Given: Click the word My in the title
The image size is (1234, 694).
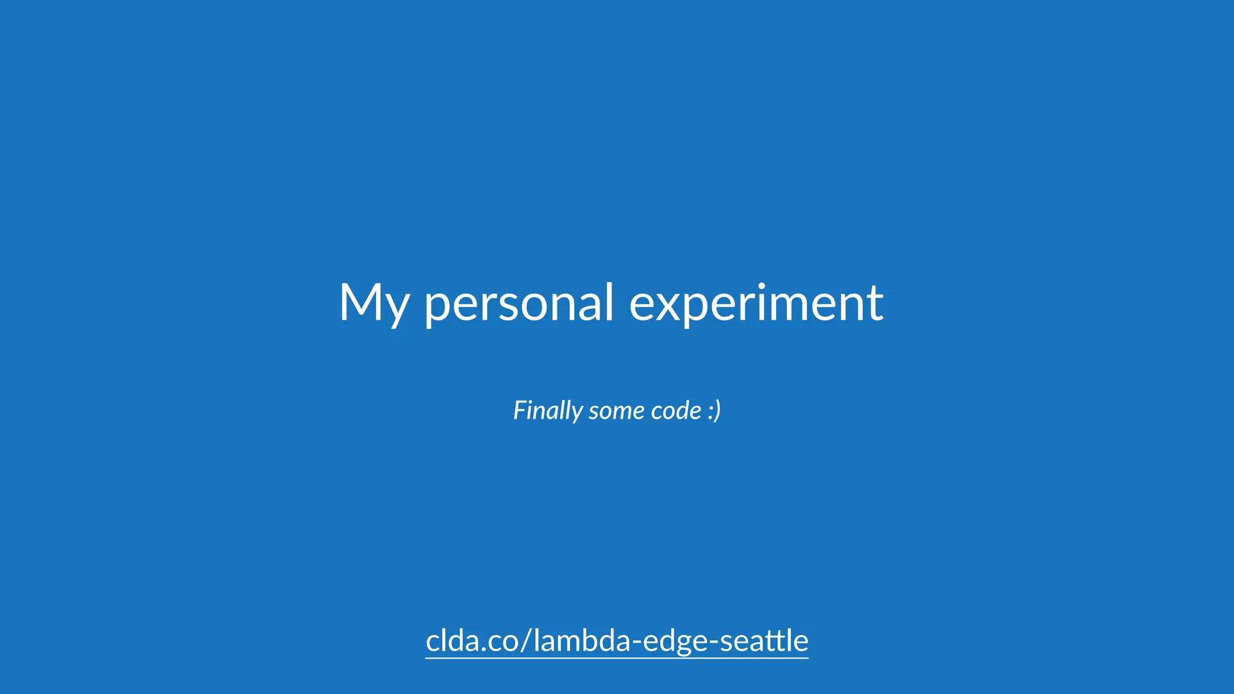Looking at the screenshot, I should click(374, 303).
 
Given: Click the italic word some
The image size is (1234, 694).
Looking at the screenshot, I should click(612, 411).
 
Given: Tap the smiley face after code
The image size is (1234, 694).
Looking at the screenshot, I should click(714, 411).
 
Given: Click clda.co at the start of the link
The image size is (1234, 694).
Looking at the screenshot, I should click(470, 640).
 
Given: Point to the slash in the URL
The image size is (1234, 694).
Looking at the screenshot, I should click(524, 640).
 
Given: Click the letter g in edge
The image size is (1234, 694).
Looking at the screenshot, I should click(681, 643).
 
